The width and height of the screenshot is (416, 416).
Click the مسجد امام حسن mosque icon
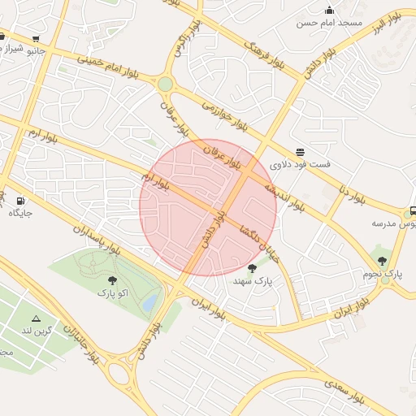pyautogui.click(x=329, y=10)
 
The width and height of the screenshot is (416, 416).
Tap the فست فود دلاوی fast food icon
pyautogui.click(x=301, y=152)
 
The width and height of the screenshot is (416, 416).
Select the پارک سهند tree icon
pyautogui.click(x=251, y=267)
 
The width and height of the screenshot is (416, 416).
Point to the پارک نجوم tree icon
pyautogui.click(x=383, y=261)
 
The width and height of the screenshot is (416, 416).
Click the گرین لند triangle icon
pyautogui.click(x=36, y=318)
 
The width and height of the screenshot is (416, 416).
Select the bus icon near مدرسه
pyautogui.click(x=413, y=210)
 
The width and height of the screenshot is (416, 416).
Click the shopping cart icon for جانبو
pyautogui.click(x=36, y=38)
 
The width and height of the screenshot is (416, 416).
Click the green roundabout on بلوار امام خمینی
pyautogui.click(x=166, y=84)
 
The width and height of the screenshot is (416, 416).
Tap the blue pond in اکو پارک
pyautogui.click(x=150, y=303)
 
